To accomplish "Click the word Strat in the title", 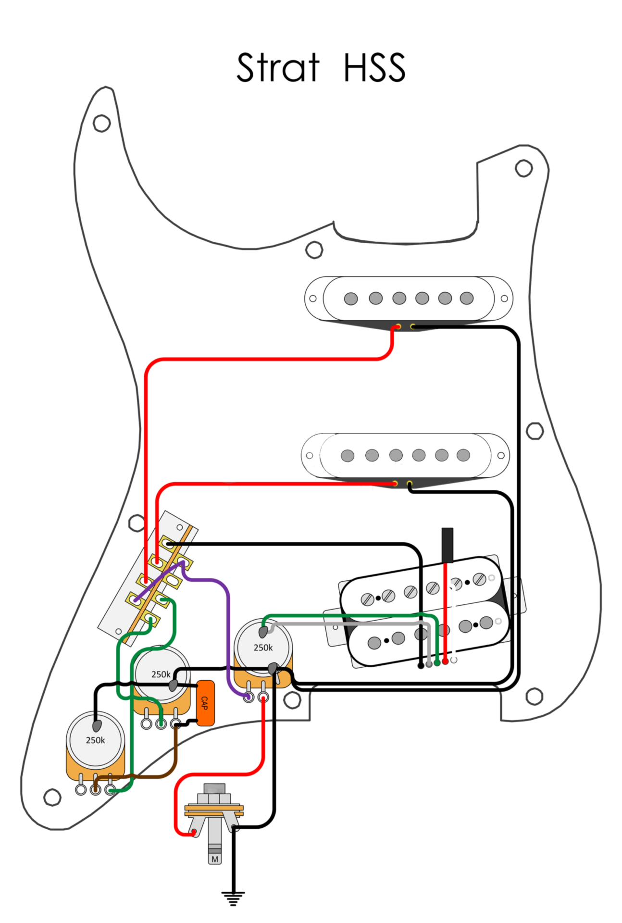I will pos(277,68).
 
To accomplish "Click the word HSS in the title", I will pos(374,68).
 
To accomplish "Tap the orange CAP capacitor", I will pos(205,703).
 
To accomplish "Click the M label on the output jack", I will pos(215,859).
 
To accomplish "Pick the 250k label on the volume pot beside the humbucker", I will pos(263,648).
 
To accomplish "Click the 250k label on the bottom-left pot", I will pos(95,740).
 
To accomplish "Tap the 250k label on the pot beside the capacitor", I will pos(161,674).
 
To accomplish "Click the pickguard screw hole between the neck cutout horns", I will pos(314,250).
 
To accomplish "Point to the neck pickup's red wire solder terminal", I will pos(398,327).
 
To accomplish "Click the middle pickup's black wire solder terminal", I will pos(410,483).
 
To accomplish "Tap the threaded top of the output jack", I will pos(214,788).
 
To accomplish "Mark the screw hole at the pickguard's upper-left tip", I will pos(101,123).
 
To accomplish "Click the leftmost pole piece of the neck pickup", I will pos(351,299).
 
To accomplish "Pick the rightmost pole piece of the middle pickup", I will pos(463,455).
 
